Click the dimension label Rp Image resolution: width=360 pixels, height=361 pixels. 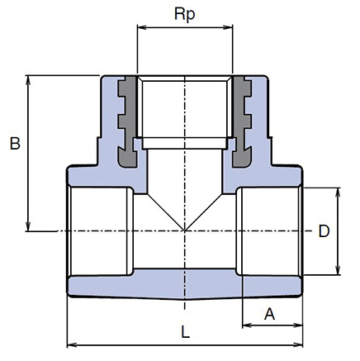(x=185, y=14)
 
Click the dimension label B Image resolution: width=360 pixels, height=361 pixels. (x=15, y=144)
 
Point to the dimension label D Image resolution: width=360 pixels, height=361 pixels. (x=324, y=231)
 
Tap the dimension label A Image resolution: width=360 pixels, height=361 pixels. (x=269, y=314)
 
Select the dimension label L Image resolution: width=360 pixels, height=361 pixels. (x=186, y=332)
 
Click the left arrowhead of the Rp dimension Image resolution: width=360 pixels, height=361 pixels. (x=142, y=27)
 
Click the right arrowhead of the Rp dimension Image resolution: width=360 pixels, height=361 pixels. (x=228, y=27)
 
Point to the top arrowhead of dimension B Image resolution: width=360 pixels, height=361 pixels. (x=28, y=80)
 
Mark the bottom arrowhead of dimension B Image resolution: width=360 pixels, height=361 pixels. (x=28, y=226)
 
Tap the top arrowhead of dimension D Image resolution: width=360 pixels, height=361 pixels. (x=339, y=192)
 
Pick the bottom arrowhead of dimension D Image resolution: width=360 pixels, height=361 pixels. (x=339, y=269)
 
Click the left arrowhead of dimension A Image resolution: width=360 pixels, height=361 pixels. (x=248, y=325)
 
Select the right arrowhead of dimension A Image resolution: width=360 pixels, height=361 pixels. (x=297, y=325)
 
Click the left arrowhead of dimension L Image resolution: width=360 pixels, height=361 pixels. (x=72, y=344)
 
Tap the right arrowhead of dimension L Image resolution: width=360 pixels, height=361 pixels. (x=297, y=344)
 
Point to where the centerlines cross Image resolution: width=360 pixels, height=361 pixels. (x=185, y=230)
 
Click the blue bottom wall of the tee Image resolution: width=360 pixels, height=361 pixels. (x=185, y=286)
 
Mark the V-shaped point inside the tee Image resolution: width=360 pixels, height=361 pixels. (x=185, y=230)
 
